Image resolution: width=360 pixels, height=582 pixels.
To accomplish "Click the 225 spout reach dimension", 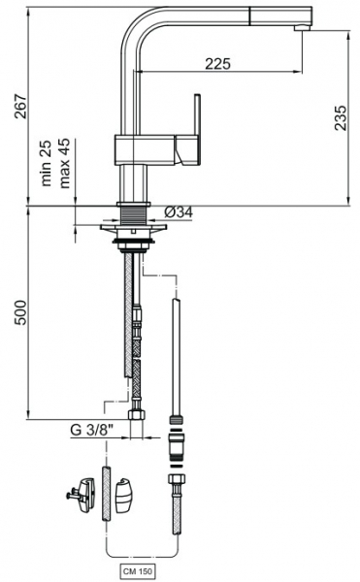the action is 218,64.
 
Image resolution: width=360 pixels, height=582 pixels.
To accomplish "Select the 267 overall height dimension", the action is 20,107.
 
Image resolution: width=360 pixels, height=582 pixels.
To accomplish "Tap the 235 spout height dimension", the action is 341,118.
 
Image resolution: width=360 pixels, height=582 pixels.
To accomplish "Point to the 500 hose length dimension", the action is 20,312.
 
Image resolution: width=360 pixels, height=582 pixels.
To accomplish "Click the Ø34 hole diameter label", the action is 179,212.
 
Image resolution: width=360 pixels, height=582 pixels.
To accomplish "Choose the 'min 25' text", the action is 46,163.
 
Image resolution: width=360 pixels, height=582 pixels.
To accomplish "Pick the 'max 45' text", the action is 64,163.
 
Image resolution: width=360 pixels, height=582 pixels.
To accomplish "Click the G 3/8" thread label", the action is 91,430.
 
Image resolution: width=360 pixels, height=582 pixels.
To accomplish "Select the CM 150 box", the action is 138,571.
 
